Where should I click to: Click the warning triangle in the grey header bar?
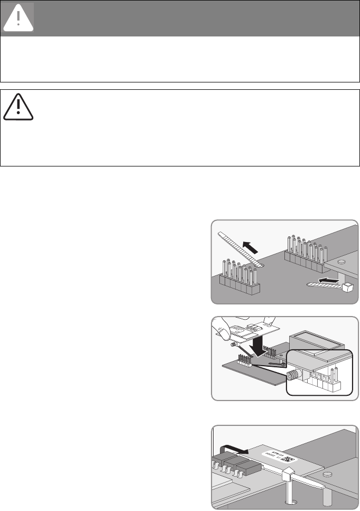point(19,17)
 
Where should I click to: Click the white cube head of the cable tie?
point(347,287)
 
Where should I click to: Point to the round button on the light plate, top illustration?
point(341,261)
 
